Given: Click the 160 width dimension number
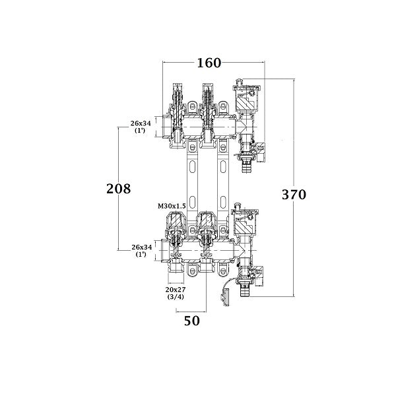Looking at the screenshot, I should point(209,63).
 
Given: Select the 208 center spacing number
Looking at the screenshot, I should point(119,188).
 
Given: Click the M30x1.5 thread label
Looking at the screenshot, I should point(171,206).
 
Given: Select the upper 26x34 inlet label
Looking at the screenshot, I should point(141,123).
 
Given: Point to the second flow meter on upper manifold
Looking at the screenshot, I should point(209,96).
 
